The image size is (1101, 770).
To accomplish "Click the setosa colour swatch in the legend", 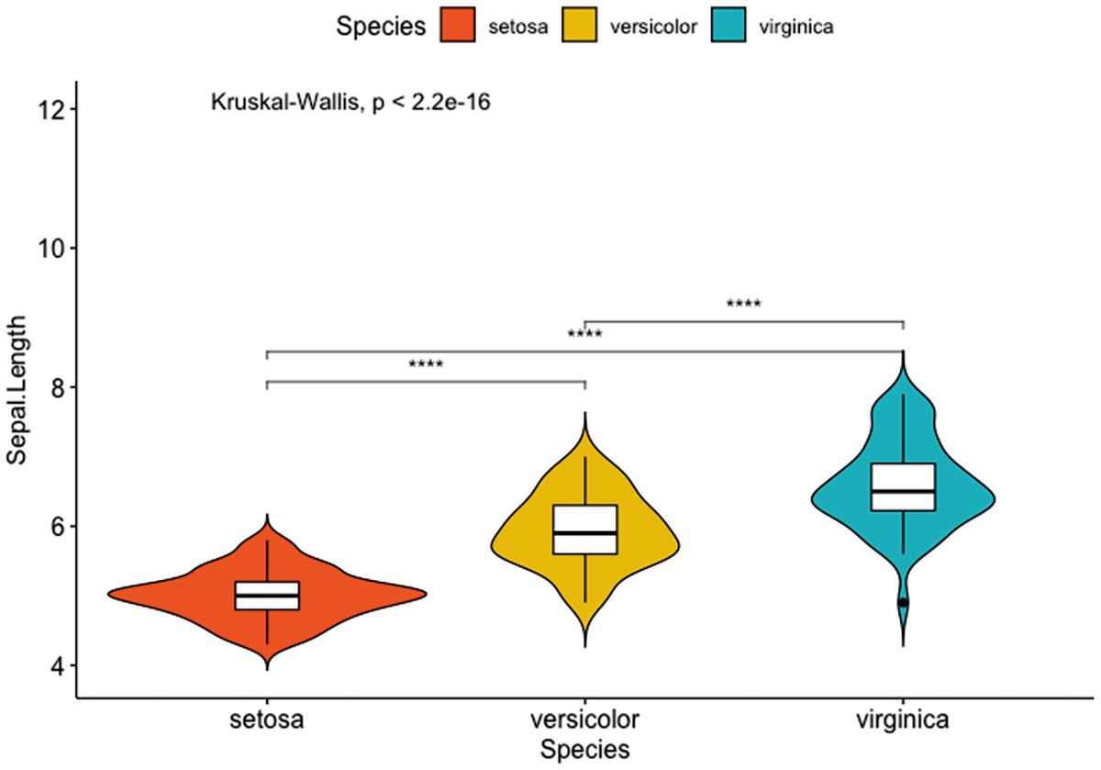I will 456,27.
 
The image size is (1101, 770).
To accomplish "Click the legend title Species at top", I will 381,27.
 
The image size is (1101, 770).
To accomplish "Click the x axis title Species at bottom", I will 585,749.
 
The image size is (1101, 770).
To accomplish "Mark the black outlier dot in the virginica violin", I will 904,602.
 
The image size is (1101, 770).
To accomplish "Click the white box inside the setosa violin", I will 267,596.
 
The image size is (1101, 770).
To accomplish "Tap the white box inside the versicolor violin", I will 585,530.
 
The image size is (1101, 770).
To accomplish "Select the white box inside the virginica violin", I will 904,487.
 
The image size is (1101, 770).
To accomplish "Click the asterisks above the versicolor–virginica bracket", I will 743,304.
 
